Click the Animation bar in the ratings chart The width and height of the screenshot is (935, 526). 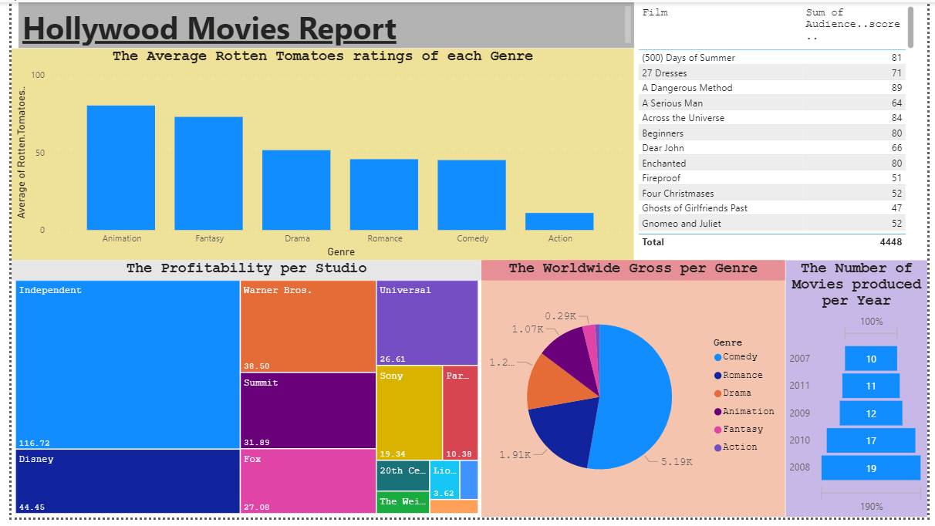point(120,167)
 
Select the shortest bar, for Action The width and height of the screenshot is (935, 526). point(559,221)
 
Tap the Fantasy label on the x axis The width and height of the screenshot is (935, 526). point(209,239)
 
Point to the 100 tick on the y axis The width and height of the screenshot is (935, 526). point(38,75)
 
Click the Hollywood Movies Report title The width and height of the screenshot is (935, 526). point(209,29)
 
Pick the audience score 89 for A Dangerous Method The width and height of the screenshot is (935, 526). point(896,88)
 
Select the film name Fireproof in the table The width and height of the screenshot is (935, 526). point(661,178)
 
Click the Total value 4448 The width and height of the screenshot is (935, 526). point(892,242)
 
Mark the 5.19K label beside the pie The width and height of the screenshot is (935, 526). point(677,462)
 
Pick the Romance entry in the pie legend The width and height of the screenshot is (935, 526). point(742,376)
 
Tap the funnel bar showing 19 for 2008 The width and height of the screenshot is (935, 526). point(870,468)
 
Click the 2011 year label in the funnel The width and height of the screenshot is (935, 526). point(800,386)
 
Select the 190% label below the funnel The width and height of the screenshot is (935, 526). point(871,507)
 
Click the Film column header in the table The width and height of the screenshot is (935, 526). point(655,13)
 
